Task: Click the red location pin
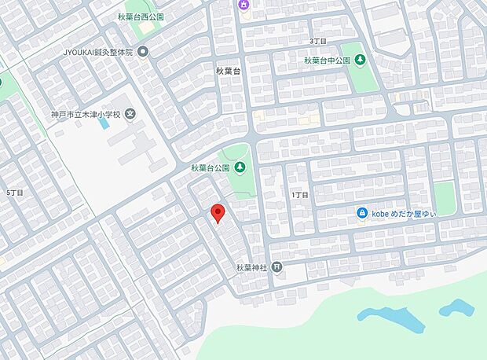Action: point(218,213)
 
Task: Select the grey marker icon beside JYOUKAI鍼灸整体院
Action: point(143,53)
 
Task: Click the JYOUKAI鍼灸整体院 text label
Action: point(98,53)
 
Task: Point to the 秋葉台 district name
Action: point(230,71)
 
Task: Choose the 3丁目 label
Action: point(317,40)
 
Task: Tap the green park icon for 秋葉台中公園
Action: point(360,60)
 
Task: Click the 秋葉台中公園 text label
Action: point(328,60)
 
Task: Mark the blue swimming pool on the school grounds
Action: point(104,123)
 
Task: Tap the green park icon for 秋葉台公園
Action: point(239,167)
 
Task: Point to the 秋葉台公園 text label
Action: point(210,167)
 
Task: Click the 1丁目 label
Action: point(299,194)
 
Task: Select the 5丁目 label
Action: point(14,192)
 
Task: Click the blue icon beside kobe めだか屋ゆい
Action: point(362,213)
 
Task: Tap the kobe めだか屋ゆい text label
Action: point(404,213)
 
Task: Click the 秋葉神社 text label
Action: point(252,268)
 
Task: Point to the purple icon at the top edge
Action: point(243,5)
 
